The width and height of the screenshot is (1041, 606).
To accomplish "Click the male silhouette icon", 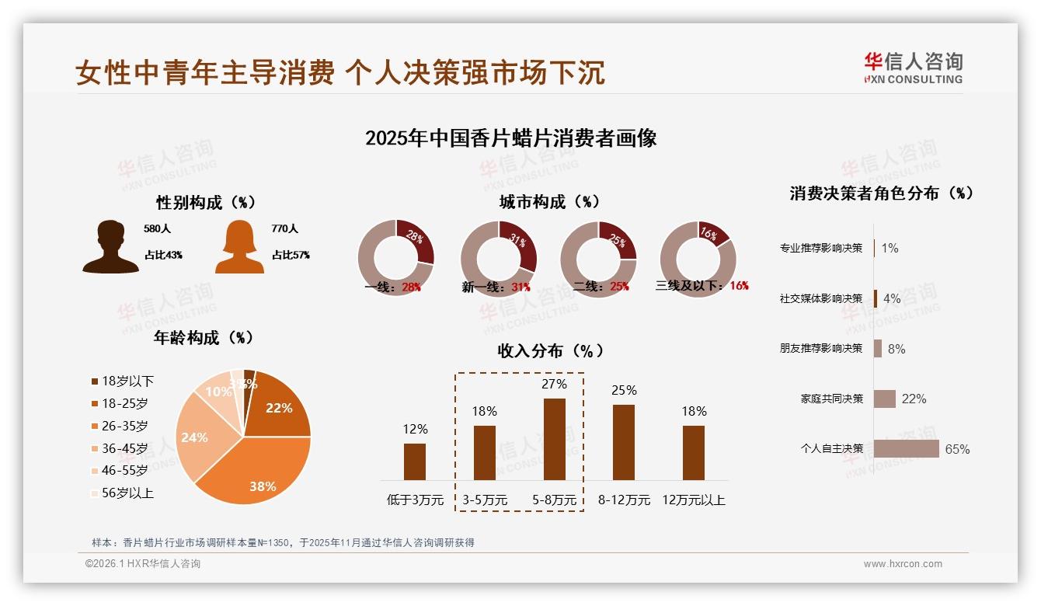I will pyautogui.click(x=110, y=247).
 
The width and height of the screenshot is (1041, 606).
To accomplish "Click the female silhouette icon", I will pyautogui.click(x=239, y=247).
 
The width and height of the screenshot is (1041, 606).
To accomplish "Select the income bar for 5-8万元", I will pyautogui.click(x=554, y=439).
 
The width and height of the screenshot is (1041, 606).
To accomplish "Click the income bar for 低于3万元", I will pyautogui.click(x=415, y=461).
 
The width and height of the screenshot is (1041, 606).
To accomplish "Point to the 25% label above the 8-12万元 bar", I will pyautogui.click(x=624, y=390).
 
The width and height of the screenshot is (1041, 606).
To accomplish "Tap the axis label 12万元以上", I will pyautogui.click(x=693, y=500).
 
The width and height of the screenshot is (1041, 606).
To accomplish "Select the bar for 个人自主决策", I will pyautogui.click(x=906, y=448).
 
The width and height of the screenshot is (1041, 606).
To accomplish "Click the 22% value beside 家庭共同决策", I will pyautogui.click(x=914, y=399).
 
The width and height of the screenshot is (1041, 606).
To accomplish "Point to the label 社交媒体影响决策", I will pyautogui.click(x=820, y=298).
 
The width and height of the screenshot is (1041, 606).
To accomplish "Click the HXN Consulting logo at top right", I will pyautogui.click(x=913, y=68).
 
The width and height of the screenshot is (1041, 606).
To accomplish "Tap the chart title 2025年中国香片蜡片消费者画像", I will pyautogui.click(x=510, y=138).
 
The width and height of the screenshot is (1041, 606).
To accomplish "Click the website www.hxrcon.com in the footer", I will pyautogui.click(x=903, y=564).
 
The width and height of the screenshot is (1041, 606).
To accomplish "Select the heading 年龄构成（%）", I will pyautogui.click(x=204, y=338).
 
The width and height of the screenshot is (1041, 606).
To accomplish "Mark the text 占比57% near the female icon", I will pyautogui.click(x=291, y=255).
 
